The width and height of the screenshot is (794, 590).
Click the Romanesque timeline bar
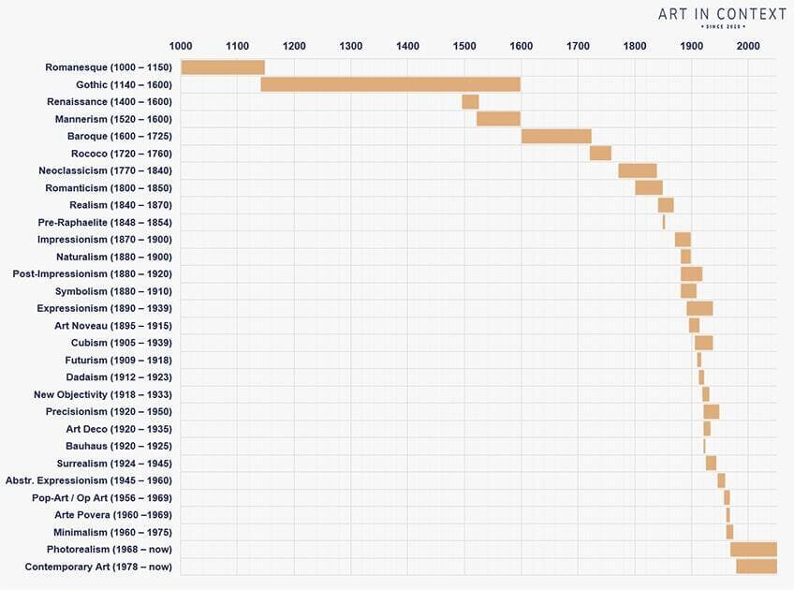coord(223,67)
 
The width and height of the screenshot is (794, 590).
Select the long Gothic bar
coord(390,84)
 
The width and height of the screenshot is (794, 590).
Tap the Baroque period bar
coord(556,136)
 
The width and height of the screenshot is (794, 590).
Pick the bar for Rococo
coord(600,154)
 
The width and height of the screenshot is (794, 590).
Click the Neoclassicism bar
coord(638,170)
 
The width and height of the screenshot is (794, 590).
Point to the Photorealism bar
coord(754,549)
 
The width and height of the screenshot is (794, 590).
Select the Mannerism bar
coord(498,119)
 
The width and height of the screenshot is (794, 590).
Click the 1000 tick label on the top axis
coord(181,46)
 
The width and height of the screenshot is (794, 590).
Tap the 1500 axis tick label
coord(464,46)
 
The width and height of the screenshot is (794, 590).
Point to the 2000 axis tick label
coord(748,46)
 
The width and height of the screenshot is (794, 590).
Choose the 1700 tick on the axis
coord(578,46)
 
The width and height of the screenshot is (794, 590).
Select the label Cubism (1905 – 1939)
coord(122,343)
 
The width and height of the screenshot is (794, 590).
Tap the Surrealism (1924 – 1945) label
coord(115,464)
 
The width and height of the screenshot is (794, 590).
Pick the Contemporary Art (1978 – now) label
coord(98,567)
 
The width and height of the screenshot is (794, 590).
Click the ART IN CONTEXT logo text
coord(722,14)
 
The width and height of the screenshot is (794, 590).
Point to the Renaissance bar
coord(470,101)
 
